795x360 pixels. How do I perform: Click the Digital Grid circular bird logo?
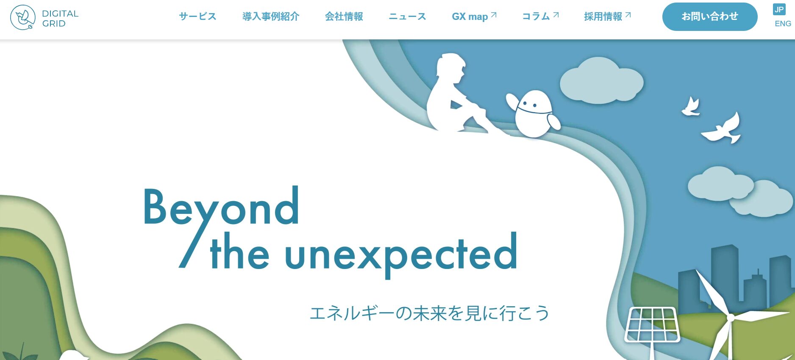point(23,17)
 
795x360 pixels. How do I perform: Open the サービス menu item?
point(197,17)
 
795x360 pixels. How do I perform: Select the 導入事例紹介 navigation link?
point(271,17)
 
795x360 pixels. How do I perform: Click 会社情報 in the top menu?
point(344,17)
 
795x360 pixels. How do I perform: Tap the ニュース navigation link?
point(407,17)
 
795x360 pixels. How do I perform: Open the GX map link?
point(474,17)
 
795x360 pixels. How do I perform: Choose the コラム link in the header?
point(540,17)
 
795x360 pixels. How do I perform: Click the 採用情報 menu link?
point(607,17)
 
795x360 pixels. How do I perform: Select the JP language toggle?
point(779,9)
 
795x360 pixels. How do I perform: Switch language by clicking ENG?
point(783,24)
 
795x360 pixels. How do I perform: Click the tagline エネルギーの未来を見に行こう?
point(430,313)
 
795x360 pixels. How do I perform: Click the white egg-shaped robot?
point(534,113)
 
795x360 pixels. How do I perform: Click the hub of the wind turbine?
point(731,317)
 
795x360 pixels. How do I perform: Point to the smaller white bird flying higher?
point(691,107)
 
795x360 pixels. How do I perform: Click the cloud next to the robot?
point(601,81)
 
